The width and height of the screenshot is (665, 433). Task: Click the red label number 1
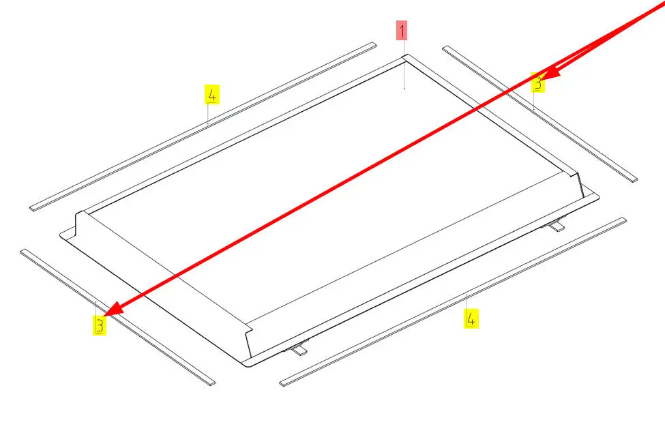tap(402, 31)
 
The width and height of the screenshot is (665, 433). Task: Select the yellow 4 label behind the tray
tap(212, 94)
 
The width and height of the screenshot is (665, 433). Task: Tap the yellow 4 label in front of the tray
tap(471, 318)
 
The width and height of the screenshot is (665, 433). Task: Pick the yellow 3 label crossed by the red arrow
tap(537, 83)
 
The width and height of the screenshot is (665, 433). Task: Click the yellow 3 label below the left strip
tap(100, 326)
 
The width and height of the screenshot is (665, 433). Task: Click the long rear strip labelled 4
tap(203, 126)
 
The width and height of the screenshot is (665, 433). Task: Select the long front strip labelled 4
tap(453, 301)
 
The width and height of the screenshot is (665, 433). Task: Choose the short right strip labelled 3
tap(540, 114)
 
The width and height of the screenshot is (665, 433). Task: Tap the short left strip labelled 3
tap(117, 317)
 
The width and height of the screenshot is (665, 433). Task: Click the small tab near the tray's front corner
tap(298, 349)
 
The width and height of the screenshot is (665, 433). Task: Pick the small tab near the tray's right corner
tap(555, 225)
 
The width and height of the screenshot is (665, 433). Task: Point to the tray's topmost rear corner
tap(404, 55)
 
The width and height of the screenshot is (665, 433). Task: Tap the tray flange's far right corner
tap(598, 197)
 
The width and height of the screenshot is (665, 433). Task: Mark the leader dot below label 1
tap(404, 89)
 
